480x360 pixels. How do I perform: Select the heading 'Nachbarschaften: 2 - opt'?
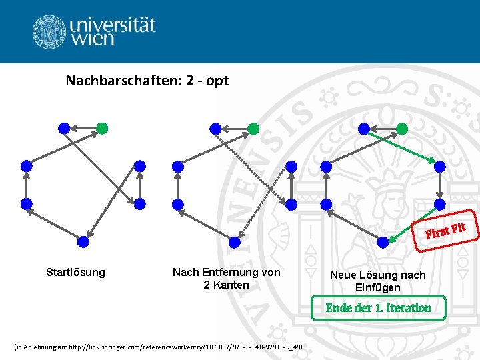(147, 81)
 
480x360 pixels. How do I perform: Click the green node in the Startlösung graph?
(101, 127)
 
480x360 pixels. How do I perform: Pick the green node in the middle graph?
(253, 127)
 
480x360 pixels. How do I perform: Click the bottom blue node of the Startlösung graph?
(83, 241)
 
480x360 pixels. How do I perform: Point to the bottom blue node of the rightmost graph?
(383, 241)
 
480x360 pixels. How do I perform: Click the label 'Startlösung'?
(75, 272)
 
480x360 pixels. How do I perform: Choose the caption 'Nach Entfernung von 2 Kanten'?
(227, 278)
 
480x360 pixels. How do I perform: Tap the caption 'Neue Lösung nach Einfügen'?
(377, 281)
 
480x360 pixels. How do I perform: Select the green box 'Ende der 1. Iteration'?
(378, 307)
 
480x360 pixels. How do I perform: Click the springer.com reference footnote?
(158, 347)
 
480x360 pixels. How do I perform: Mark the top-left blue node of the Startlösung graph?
(63, 127)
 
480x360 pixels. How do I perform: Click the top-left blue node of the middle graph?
(215, 127)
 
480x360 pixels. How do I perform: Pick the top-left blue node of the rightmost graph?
(364, 127)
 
